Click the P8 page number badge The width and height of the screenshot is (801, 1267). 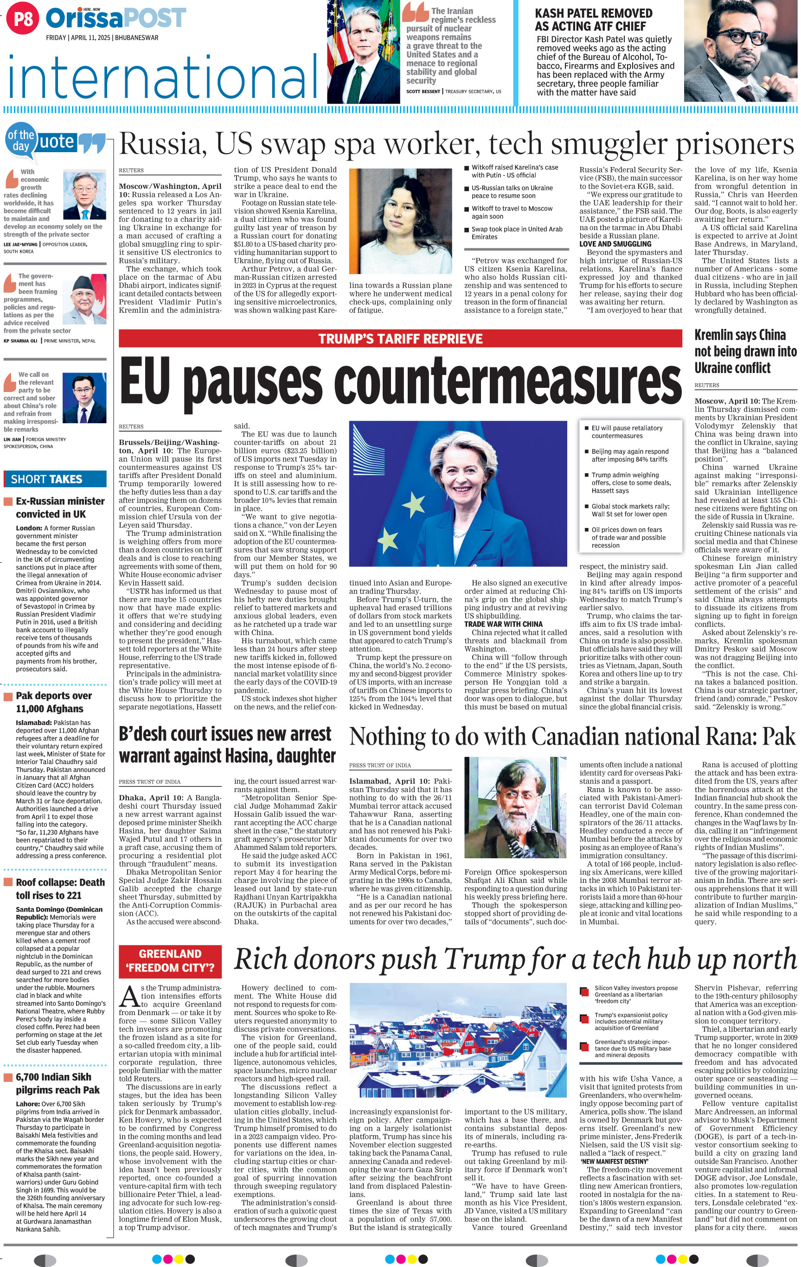(x=23, y=19)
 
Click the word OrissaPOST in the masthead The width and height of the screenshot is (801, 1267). (x=115, y=19)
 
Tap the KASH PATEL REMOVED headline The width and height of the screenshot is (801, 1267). (x=593, y=20)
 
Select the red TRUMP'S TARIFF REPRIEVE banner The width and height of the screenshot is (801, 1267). (x=400, y=338)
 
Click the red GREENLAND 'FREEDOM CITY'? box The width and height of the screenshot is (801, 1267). (x=170, y=961)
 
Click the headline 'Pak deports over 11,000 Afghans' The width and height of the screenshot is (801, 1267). (x=54, y=702)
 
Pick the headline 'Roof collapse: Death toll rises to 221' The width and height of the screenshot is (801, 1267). (x=60, y=889)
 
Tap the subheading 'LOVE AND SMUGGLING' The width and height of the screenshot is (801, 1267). (x=615, y=244)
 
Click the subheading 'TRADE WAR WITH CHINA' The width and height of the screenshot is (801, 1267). (x=503, y=624)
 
